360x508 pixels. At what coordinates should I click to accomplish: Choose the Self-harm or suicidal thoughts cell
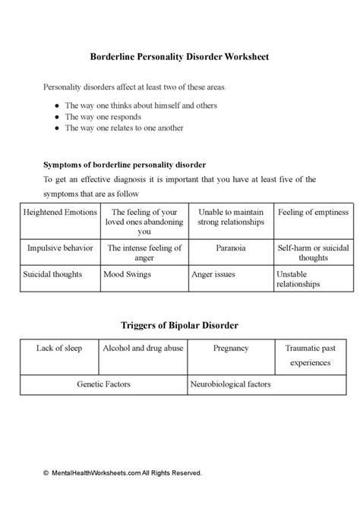tap(312, 252)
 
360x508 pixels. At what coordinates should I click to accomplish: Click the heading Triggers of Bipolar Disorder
tap(180, 325)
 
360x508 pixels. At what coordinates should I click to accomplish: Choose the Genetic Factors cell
tap(103, 384)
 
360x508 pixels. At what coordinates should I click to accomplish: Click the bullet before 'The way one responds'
tap(57, 118)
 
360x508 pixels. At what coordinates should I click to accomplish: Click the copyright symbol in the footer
tap(46, 472)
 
